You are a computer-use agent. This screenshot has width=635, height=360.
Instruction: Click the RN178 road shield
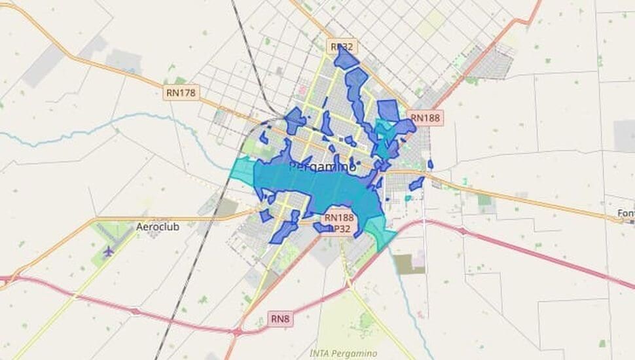(x=181, y=92)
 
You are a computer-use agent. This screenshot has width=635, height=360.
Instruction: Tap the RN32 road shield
(x=341, y=46)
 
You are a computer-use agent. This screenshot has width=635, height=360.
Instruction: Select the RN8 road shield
(x=281, y=319)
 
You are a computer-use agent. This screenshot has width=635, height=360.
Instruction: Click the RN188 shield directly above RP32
(x=338, y=217)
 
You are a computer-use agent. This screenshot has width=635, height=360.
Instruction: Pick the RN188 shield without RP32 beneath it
(x=426, y=118)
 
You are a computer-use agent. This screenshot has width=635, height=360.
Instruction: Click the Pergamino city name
(x=322, y=167)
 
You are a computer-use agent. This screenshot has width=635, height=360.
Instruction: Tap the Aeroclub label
(x=157, y=226)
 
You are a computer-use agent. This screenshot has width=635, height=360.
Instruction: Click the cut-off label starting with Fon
(x=625, y=213)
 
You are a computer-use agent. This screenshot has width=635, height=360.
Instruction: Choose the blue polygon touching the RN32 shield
(x=346, y=60)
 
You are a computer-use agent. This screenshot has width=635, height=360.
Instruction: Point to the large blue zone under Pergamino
(x=321, y=187)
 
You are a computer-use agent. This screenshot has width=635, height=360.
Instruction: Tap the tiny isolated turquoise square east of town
(x=407, y=198)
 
